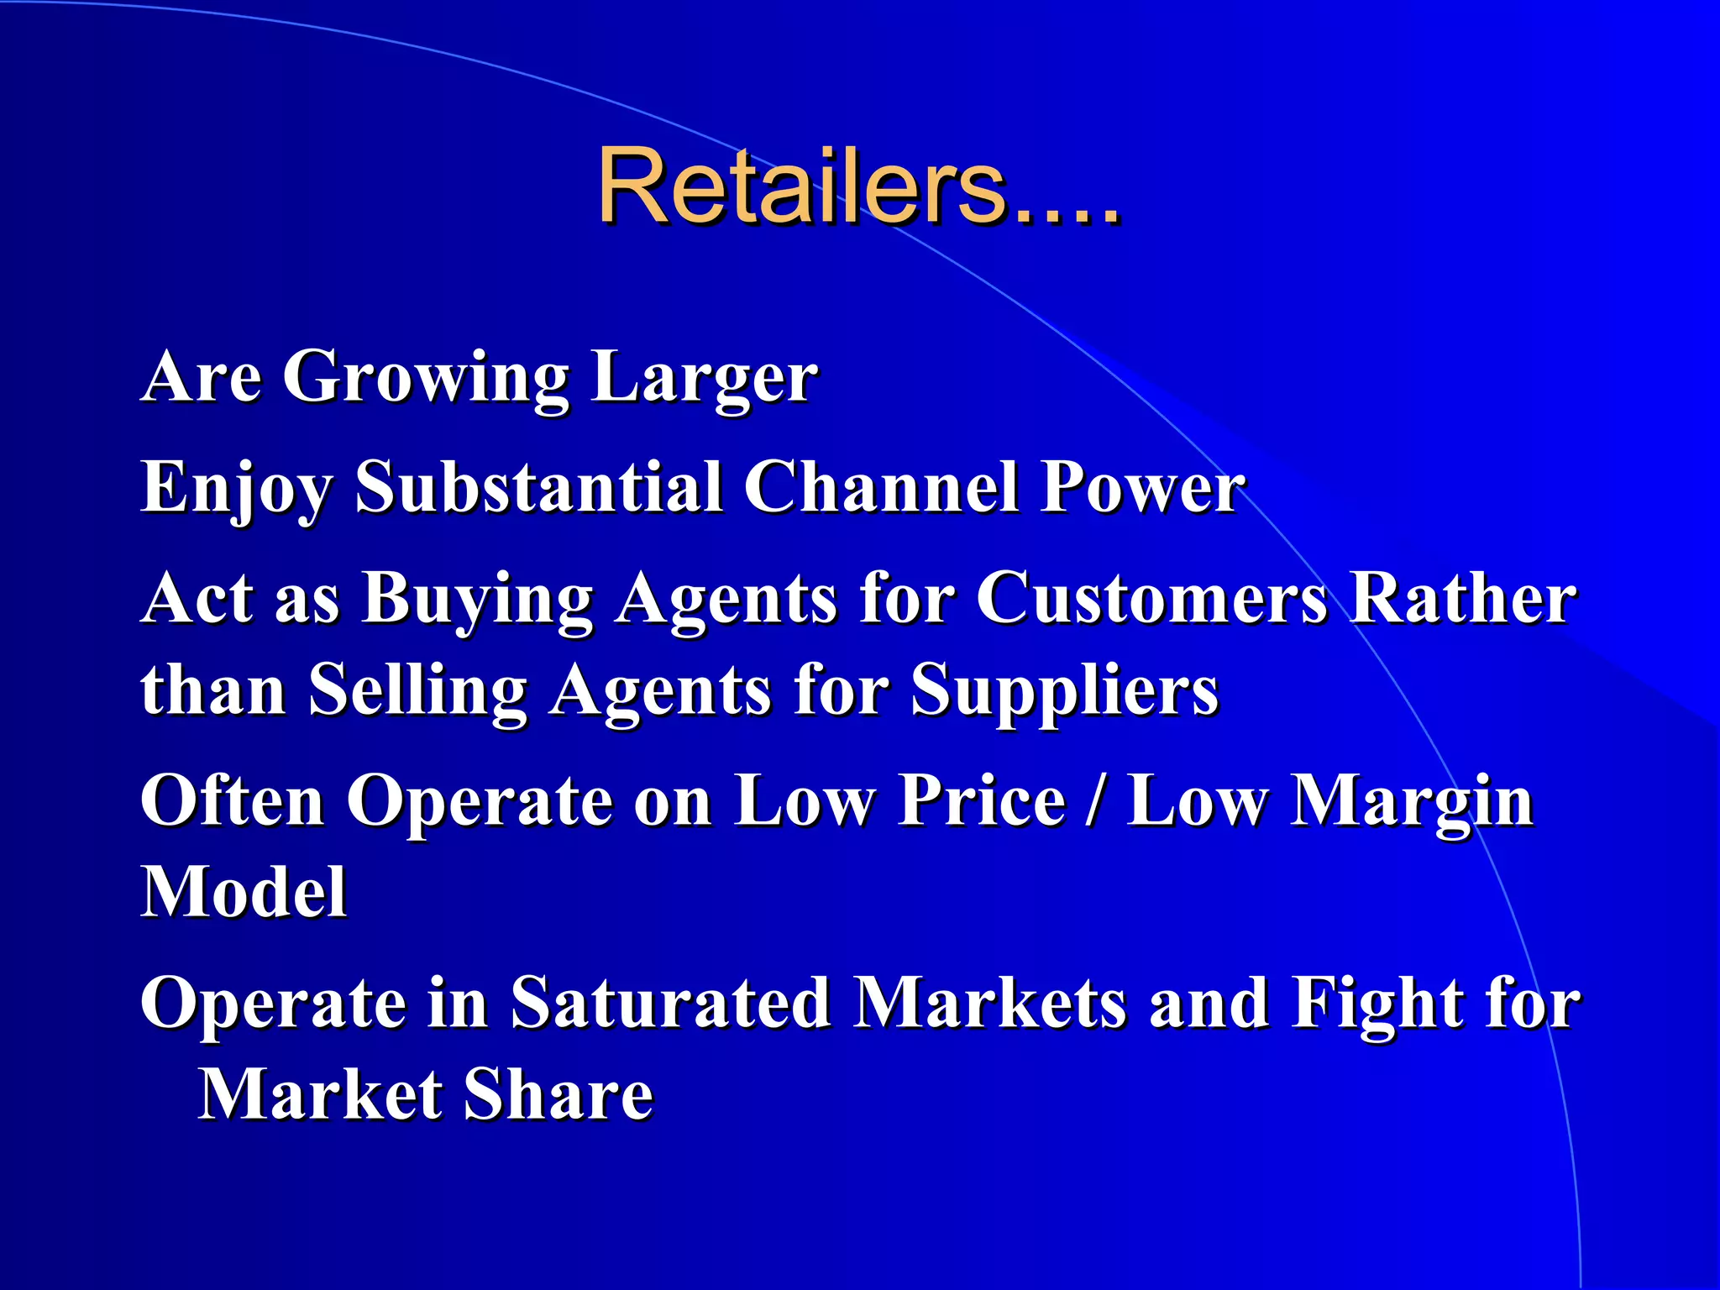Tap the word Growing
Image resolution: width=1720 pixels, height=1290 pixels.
(426, 378)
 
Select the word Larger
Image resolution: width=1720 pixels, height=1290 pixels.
(704, 378)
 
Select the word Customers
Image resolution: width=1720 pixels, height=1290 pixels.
(1151, 598)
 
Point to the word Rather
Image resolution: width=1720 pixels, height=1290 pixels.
(1462, 598)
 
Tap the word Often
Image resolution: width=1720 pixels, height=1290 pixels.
(233, 800)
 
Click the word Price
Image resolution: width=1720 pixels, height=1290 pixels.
(982, 800)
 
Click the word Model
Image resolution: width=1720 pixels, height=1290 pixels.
(244, 892)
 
